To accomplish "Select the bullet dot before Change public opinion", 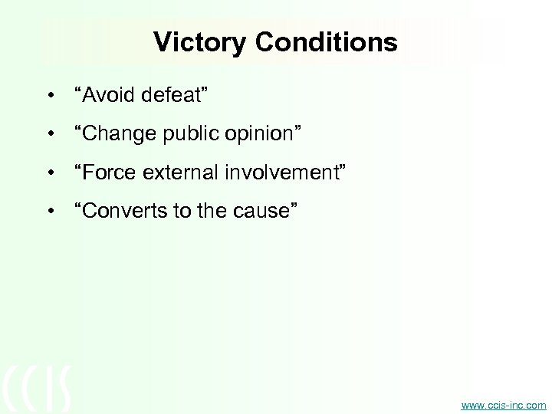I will (50, 136).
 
